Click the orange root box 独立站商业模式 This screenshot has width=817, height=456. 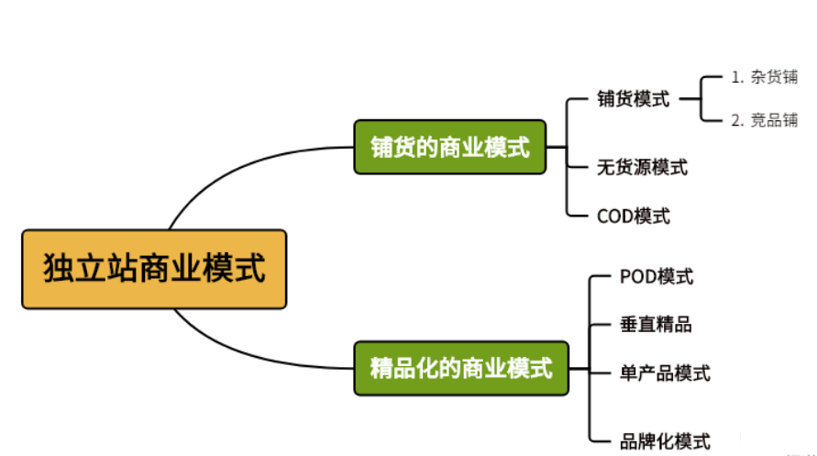154,269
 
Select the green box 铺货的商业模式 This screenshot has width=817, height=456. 449,147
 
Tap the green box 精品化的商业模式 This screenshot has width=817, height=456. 460,369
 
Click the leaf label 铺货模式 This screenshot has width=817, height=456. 633,99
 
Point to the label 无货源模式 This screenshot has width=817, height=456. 642,167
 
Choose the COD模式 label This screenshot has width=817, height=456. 633,217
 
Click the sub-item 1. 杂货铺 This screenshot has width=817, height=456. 764,77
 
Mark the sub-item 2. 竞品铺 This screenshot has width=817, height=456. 764,120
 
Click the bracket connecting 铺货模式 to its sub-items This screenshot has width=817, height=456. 701,99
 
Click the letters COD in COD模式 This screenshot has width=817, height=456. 614,217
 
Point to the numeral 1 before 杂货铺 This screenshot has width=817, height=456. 735,77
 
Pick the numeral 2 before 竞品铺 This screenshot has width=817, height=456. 735,120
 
